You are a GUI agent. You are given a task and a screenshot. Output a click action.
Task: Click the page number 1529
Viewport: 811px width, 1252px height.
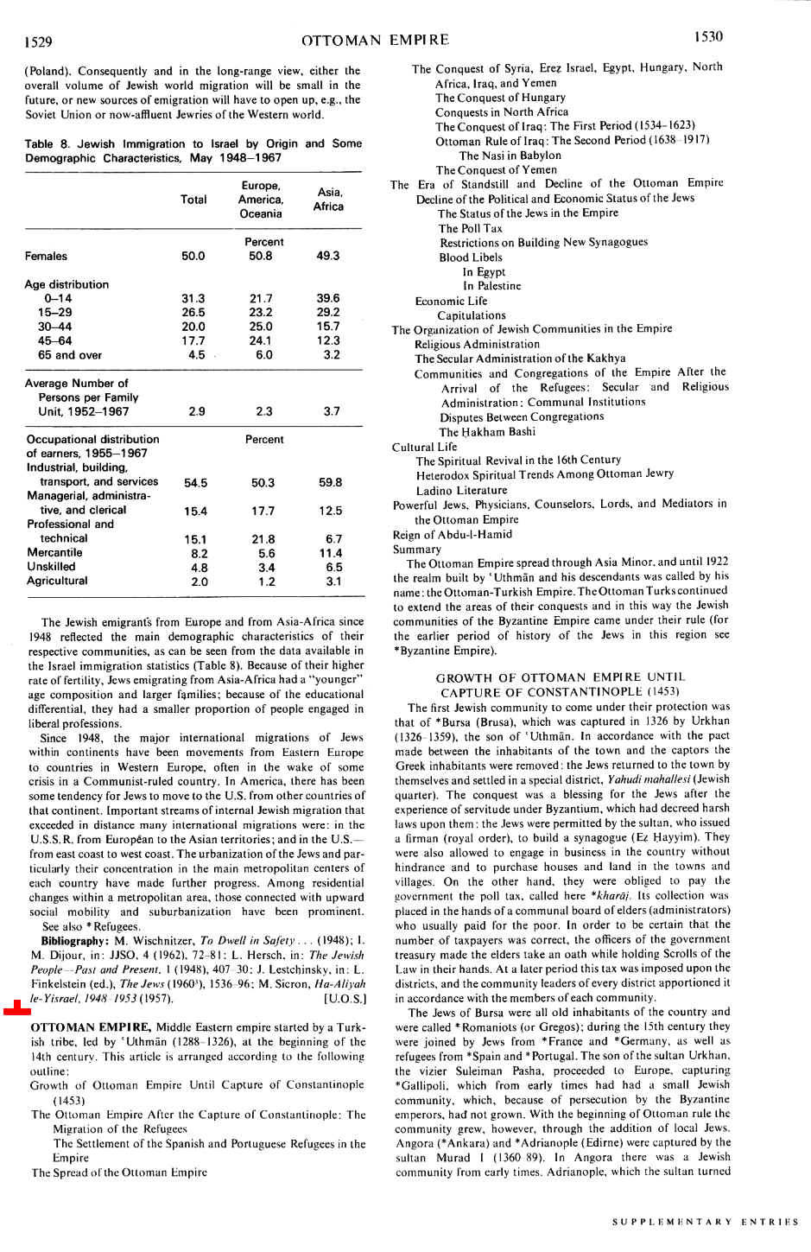pyautogui.click(x=38, y=41)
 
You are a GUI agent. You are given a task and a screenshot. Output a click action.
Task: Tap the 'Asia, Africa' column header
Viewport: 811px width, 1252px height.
pyautogui.click(x=328, y=200)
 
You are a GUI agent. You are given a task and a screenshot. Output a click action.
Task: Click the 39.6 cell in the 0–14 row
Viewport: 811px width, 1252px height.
pyautogui.click(x=328, y=298)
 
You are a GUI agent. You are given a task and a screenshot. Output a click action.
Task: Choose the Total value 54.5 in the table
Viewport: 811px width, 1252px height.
pyautogui.click(x=195, y=483)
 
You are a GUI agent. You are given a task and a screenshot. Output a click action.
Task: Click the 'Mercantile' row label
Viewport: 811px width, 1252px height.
pyautogui.click(x=54, y=553)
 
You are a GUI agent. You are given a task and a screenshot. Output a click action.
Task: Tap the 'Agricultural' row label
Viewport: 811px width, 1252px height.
pyautogui.click(x=57, y=582)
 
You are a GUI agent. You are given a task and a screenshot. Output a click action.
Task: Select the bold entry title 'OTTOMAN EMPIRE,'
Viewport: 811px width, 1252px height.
pyautogui.click(x=92, y=1027)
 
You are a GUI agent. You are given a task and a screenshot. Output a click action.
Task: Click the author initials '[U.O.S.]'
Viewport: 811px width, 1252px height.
pyautogui.click(x=345, y=999)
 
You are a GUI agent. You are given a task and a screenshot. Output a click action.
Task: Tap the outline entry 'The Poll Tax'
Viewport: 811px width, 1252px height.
pyautogui.click(x=471, y=228)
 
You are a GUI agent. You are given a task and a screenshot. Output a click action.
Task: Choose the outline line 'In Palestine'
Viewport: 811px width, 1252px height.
pyautogui.click(x=491, y=286)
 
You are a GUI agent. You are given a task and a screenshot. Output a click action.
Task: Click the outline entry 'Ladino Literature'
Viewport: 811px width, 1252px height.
pyautogui.click(x=461, y=490)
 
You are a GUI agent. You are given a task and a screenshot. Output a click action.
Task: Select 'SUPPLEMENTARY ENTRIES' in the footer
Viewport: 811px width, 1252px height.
pyautogui.click(x=705, y=1222)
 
